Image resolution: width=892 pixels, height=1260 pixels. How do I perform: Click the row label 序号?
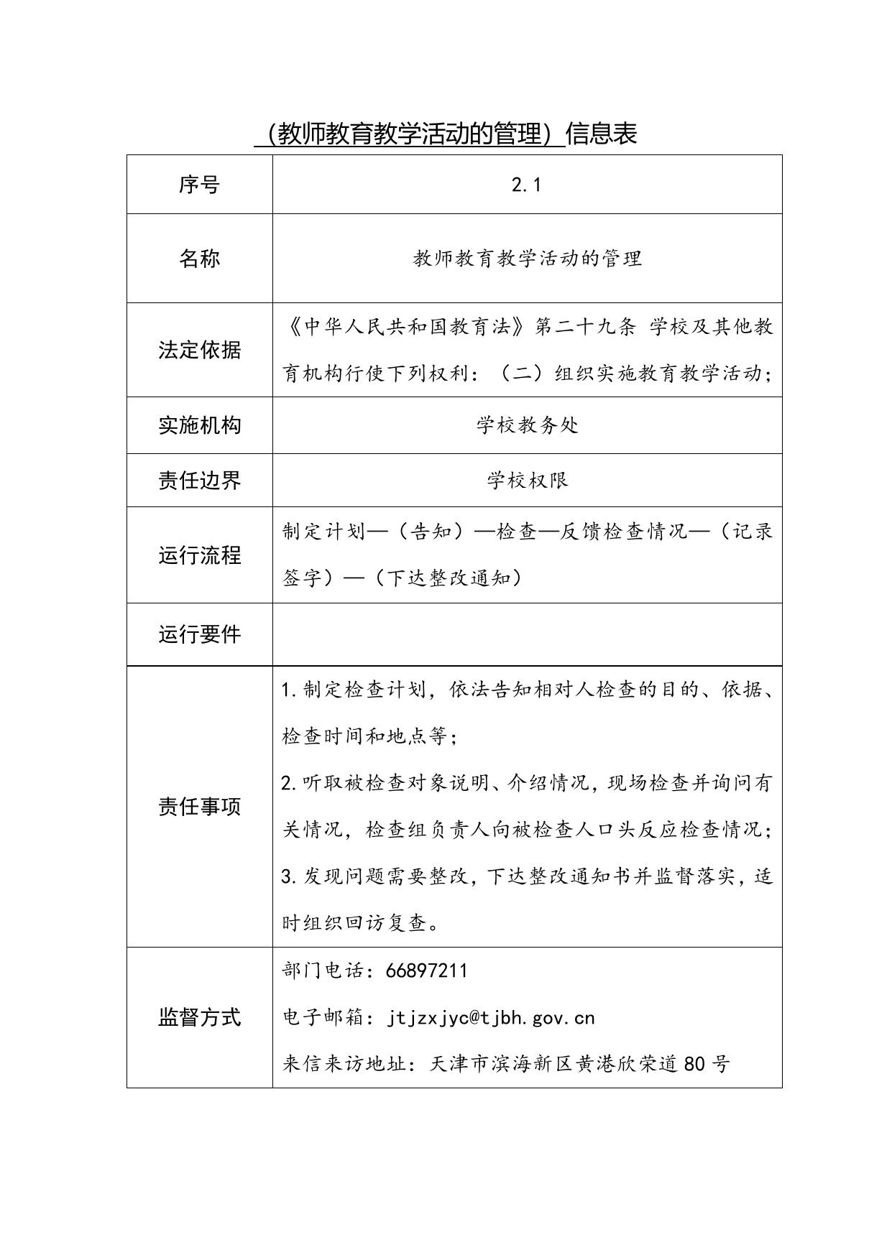tap(199, 185)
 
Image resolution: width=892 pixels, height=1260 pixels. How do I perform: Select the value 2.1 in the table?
tap(526, 185)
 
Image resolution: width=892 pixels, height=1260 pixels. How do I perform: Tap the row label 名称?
tap(199, 259)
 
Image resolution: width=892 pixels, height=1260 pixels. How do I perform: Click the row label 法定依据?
tap(199, 351)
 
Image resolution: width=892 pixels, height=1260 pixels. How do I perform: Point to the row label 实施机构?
tap(199, 425)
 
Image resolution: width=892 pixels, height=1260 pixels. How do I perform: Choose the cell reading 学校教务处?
tap(527, 425)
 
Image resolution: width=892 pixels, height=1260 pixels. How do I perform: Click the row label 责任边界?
tap(199, 480)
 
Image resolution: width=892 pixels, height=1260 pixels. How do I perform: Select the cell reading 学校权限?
tap(527, 480)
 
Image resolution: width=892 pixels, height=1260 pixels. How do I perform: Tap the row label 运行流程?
tap(199, 555)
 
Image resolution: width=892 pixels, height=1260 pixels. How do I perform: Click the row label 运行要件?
tap(199, 634)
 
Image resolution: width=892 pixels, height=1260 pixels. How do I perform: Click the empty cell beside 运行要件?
tap(527, 634)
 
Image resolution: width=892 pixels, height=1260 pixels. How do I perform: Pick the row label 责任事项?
tap(199, 807)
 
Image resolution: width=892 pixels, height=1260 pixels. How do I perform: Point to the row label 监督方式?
tap(199, 1017)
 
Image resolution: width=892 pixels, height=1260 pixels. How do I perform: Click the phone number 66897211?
tap(426, 971)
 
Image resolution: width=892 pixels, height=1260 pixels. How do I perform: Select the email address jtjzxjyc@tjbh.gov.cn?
tap(491, 1018)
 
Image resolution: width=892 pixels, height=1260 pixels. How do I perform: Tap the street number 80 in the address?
tap(694, 1064)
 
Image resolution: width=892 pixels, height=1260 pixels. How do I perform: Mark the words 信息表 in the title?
tap(602, 134)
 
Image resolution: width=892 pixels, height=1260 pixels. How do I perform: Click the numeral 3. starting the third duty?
tap(290, 876)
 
